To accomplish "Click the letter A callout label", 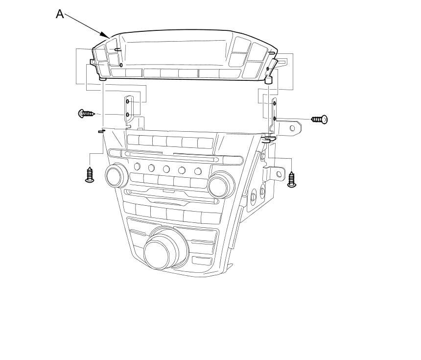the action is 60,14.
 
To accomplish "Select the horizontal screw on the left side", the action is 86,113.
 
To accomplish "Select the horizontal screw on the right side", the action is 319,119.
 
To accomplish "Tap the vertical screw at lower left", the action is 90,175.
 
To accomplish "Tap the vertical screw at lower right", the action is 292,179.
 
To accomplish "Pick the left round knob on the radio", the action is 116,176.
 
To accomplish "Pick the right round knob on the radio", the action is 221,185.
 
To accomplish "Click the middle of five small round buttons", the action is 166,169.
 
